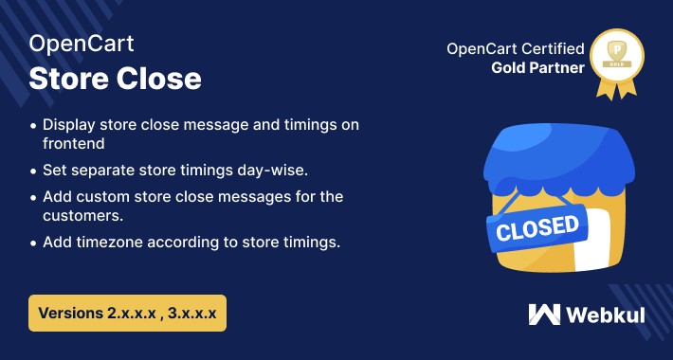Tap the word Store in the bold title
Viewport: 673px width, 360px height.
(66, 79)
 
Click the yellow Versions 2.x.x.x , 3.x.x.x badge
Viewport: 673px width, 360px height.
(128, 312)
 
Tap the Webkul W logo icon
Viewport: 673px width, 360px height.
(546, 314)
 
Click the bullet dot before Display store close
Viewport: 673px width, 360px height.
(35, 126)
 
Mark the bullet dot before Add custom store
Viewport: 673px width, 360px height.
(35, 196)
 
